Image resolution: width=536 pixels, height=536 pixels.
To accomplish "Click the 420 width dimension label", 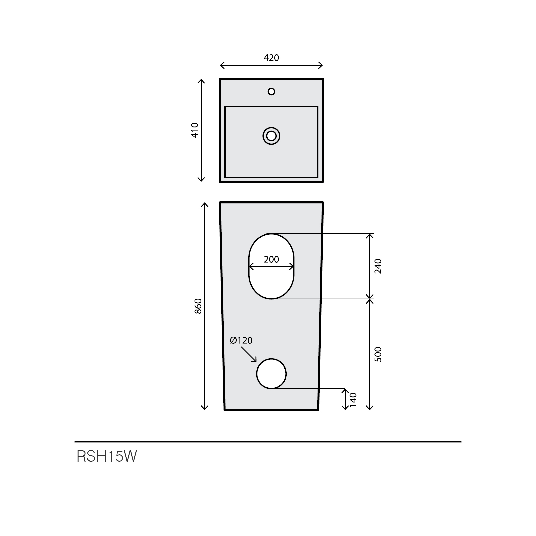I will pyautogui.click(x=271, y=58).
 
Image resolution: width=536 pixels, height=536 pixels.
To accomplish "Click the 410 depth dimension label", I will pyautogui.click(x=195, y=130).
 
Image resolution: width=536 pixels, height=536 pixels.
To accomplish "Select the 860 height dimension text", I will pyautogui.click(x=198, y=306).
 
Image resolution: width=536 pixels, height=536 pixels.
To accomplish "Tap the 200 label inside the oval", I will pyautogui.click(x=271, y=259).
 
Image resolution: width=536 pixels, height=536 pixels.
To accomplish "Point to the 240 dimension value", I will pyautogui.click(x=378, y=266).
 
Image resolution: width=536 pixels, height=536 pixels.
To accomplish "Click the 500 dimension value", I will pyautogui.click(x=378, y=354).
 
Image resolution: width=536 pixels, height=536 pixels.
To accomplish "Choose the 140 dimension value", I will pyautogui.click(x=353, y=399).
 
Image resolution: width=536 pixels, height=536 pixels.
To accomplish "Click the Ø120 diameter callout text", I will pyautogui.click(x=241, y=340).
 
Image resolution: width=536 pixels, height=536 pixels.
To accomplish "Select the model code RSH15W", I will pyautogui.click(x=107, y=457).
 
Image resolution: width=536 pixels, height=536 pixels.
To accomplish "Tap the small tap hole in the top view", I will pyautogui.click(x=271, y=91).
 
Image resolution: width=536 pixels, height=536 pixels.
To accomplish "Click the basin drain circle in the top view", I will pyautogui.click(x=271, y=136).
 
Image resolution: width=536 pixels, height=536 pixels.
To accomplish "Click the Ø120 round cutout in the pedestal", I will pyautogui.click(x=271, y=374).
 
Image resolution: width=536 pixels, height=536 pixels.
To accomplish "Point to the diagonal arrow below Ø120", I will pyautogui.click(x=249, y=354).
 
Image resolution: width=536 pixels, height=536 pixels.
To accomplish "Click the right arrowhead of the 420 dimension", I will pyautogui.click(x=321, y=65).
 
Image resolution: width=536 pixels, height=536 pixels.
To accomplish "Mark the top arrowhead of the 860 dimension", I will pyautogui.click(x=204, y=204).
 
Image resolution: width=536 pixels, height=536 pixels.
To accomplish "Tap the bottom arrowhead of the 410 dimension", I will pyautogui.click(x=201, y=180).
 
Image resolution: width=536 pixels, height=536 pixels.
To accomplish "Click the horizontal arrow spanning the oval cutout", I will pyautogui.click(x=271, y=267).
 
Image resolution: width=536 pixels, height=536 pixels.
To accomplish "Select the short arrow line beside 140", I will pyautogui.click(x=345, y=399).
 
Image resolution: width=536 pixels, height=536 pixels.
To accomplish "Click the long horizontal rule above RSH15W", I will pyautogui.click(x=268, y=442).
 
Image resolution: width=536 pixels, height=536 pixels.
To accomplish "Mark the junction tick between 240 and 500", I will pyautogui.click(x=370, y=298).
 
